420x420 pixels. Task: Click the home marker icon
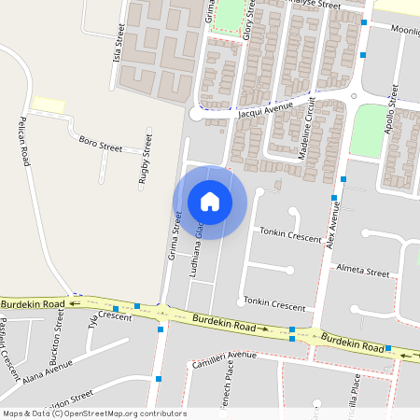(x=210, y=202)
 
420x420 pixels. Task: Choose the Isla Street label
(x=119, y=43)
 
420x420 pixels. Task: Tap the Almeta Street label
(x=363, y=273)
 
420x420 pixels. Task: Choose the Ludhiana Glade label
(x=197, y=256)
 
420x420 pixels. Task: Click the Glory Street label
(x=249, y=18)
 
